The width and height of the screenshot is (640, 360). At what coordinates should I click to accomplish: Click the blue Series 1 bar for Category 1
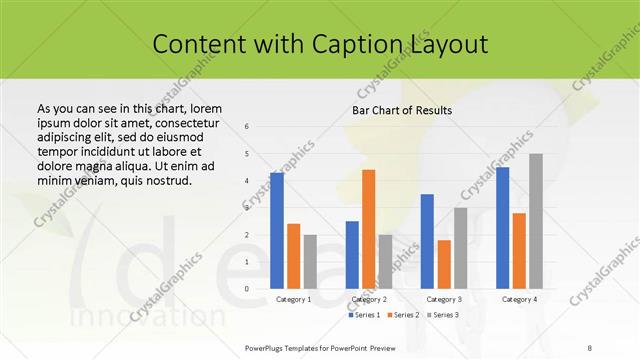coord(277,231)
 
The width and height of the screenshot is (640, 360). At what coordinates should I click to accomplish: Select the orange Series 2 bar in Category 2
coord(369,229)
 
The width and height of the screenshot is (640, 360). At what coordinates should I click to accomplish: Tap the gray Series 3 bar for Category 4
coord(536,221)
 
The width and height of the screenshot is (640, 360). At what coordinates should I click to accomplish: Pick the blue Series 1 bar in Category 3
coord(427,241)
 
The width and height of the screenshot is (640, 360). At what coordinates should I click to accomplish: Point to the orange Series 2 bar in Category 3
coord(444,264)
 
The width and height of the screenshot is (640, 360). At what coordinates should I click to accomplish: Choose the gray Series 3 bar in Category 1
coord(310,262)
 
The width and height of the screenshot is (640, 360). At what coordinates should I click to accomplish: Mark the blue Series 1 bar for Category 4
coord(502,228)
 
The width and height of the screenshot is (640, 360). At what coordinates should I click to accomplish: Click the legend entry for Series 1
coord(363,315)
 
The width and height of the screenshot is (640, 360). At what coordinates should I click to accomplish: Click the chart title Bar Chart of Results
coord(402,110)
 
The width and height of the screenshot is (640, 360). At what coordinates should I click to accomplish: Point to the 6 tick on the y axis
coord(247,127)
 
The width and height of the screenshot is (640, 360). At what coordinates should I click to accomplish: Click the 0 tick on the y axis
coord(247,289)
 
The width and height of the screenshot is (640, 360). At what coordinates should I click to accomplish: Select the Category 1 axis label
coord(293,299)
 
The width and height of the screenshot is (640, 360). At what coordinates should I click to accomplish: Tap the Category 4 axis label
coord(519,299)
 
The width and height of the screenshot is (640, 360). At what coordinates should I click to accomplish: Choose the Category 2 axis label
coord(369,299)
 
